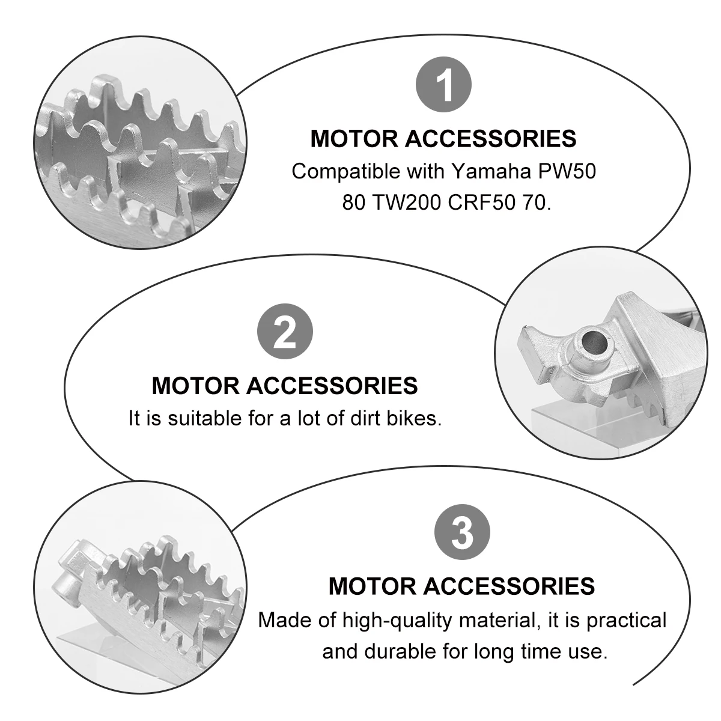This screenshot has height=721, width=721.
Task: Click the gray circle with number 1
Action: click(444, 85)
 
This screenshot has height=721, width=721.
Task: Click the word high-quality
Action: click(393, 620)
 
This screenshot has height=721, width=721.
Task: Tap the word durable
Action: click(407, 651)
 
